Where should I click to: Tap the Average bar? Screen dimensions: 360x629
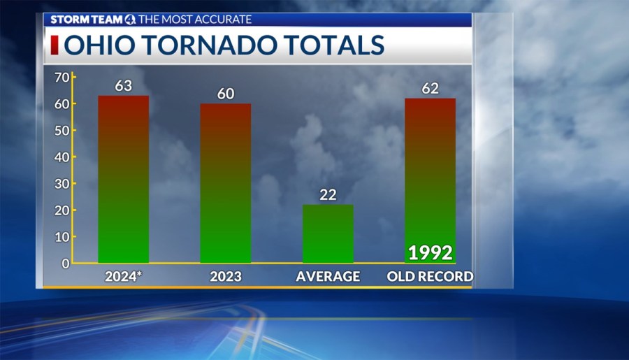point(328,233)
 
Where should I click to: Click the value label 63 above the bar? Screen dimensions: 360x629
point(124,86)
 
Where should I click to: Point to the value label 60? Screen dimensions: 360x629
point(225,94)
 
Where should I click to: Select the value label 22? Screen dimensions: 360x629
point(328,195)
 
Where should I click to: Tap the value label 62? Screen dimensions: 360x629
point(431,89)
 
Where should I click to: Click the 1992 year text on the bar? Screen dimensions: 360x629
point(431,252)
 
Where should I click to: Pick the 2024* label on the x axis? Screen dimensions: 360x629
point(124,277)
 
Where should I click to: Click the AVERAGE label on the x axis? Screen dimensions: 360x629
point(328,277)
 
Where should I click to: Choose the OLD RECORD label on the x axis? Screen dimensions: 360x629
point(430,277)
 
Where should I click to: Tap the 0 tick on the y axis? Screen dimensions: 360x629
point(64,264)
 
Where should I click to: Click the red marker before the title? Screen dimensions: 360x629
point(54,45)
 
